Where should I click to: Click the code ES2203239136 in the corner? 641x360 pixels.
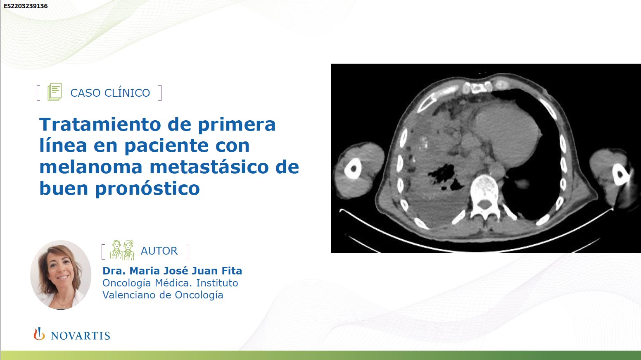(x=26, y=6)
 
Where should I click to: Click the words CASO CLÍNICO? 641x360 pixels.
(x=110, y=93)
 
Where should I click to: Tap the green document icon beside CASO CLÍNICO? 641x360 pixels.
(x=55, y=92)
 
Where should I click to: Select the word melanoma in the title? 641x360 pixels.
(x=91, y=167)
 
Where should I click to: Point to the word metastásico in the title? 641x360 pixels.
(x=209, y=167)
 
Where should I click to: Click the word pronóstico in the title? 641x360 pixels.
(x=147, y=189)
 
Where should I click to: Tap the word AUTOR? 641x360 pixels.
(x=159, y=251)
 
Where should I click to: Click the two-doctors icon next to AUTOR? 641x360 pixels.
(x=122, y=250)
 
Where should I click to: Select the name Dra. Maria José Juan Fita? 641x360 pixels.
(x=172, y=271)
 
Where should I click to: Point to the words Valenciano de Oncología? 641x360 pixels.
(x=163, y=295)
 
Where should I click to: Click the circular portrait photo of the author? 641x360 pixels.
(x=61, y=275)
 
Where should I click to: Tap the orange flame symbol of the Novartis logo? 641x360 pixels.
(x=39, y=334)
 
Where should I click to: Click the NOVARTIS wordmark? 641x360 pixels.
(x=81, y=336)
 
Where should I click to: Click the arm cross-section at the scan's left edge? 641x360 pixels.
(x=359, y=170)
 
